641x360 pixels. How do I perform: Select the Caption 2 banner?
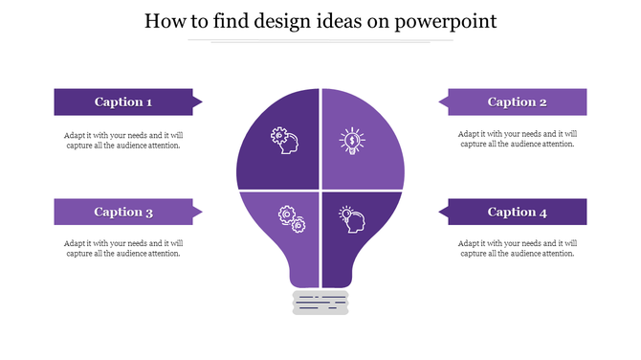point(517,101)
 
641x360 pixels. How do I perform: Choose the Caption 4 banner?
point(517,212)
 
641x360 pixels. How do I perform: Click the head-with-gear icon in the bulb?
point(284,142)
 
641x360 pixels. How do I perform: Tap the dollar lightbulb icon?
point(352,142)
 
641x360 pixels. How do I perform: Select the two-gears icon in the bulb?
point(291,219)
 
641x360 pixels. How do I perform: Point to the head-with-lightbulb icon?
point(351,218)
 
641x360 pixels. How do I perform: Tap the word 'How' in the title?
point(165,21)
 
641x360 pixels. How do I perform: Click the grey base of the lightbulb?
point(320,303)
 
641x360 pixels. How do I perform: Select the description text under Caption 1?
point(122,140)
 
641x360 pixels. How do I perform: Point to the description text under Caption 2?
point(517,139)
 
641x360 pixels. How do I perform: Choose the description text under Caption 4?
point(517,248)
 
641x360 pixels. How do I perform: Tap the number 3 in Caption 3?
point(149,213)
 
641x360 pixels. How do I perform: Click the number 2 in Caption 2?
point(543,102)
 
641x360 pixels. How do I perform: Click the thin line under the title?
point(320,41)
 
